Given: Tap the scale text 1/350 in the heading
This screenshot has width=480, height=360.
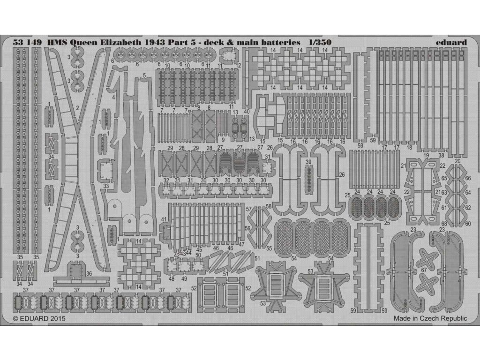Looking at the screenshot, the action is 320,42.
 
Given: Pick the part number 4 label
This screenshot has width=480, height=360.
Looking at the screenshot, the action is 114,97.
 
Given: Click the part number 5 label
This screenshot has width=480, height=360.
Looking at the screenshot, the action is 144,75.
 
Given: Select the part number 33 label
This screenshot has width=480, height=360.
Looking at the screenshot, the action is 106,186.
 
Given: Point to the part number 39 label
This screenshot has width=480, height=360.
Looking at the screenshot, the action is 308,162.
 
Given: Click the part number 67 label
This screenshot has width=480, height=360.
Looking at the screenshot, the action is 423,269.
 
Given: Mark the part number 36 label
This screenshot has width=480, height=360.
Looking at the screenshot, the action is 89,274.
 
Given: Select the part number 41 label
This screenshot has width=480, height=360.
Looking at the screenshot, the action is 164,219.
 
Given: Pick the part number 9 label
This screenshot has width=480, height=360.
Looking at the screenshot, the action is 224,140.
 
